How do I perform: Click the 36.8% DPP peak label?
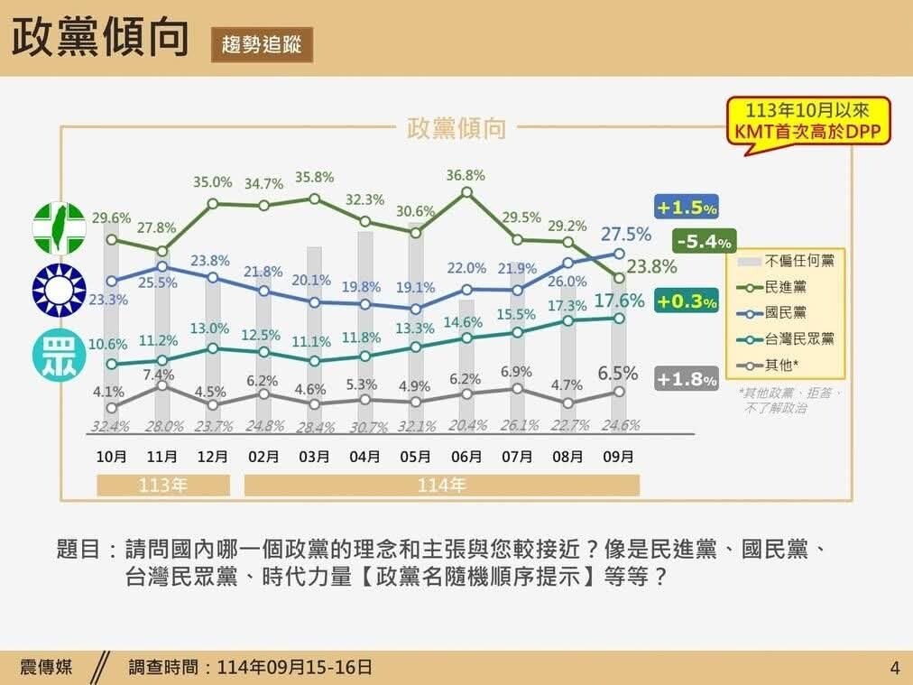click(466, 175)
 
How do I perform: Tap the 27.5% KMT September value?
click(626, 234)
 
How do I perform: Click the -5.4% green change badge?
click(705, 242)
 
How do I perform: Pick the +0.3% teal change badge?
click(687, 302)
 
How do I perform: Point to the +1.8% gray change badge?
click(687, 380)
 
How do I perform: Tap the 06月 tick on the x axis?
click(466, 458)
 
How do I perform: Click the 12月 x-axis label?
click(212, 458)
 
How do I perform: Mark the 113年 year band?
click(163, 486)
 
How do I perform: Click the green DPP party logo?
click(60, 227)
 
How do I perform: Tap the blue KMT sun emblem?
click(60, 291)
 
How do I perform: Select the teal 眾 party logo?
click(60, 356)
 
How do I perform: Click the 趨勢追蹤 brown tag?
click(262, 43)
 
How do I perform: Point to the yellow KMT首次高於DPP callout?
click(807, 121)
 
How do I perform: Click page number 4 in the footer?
click(894, 669)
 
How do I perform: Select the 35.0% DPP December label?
click(213, 181)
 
